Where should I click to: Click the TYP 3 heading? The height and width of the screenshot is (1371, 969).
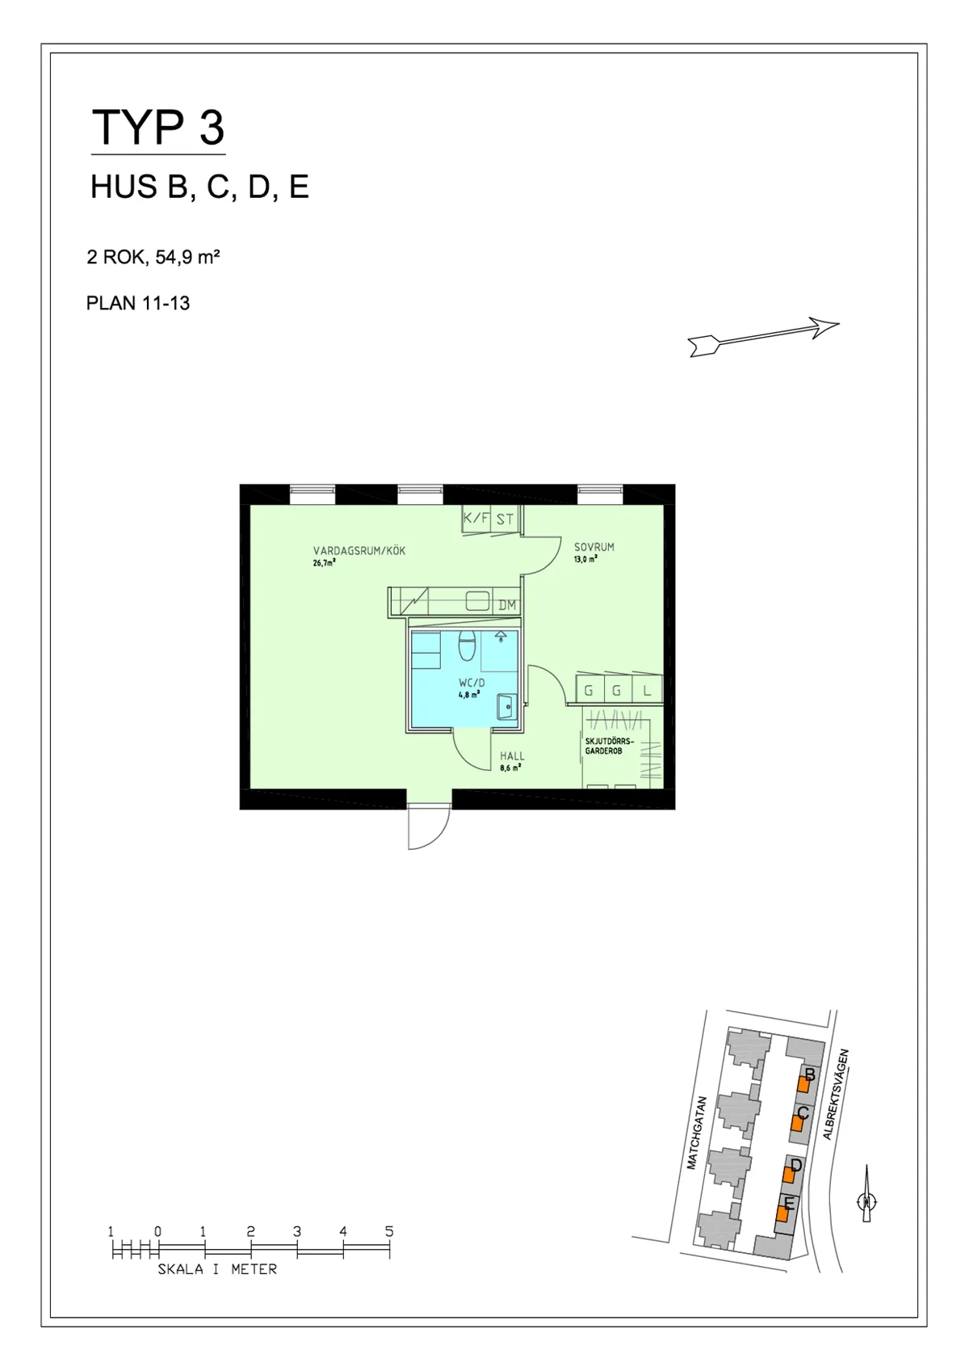(x=157, y=128)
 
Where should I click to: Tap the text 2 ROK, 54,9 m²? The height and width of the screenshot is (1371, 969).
(x=153, y=257)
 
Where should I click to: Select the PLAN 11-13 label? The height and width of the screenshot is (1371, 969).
(x=138, y=304)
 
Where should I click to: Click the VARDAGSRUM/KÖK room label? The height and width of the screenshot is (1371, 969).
(x=359, y=550)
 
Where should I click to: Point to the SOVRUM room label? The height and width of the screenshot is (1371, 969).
(x=594, y=547)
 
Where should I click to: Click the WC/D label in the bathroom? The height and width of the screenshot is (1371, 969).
(x=472, y=683)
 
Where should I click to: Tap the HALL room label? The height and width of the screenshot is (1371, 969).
(x=512, y=756)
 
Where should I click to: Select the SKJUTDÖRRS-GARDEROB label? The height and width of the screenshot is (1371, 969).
(x=610, y=746)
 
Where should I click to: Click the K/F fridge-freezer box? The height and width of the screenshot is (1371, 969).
(x=476, y=519)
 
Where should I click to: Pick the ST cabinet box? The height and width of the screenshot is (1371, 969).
(x=505, y=519)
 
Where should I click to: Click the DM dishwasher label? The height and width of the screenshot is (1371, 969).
(x=507, y=604)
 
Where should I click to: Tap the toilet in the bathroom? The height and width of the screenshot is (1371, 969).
(x=468, y=646)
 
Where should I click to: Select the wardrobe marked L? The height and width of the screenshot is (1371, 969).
(x=648, y=691)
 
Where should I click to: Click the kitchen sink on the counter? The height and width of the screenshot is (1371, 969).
(x=478, y=601)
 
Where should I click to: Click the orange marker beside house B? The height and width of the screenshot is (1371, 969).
(x=803, y=1084)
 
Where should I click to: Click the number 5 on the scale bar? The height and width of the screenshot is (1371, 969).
(x=389, y=1231)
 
